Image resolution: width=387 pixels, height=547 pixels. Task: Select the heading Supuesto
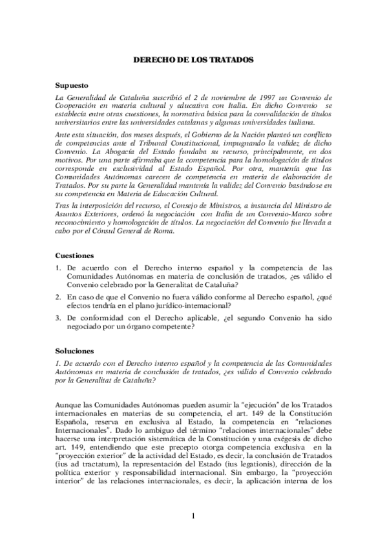coord(72,85)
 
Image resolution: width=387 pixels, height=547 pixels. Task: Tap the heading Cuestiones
coord(74,255)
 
